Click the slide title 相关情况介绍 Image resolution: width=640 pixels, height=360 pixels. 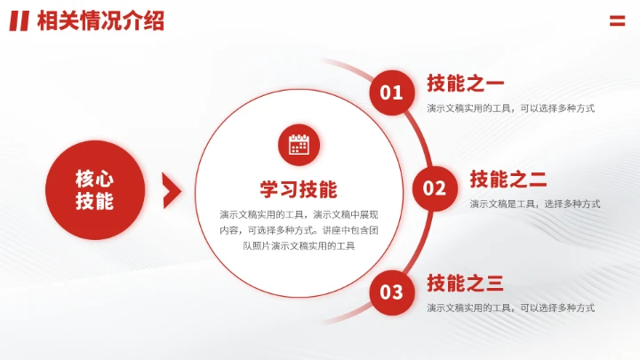pyautogui.click(x=101, y=21)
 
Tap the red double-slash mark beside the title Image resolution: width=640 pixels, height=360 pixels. pyautogui.click(x=20, y=21)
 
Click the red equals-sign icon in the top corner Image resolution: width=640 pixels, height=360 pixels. pyautogui.click(x=617, y=21)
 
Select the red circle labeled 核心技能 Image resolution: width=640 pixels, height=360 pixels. pyautogui.click(x=94, y=189)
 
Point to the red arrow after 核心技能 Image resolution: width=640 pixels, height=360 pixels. pyautogui.click(x=172, y=189)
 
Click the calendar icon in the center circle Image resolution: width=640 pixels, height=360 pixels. pyautogui.click(x=299, y=144)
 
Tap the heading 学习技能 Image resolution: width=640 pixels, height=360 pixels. pyautogui.click(x=299, y=189)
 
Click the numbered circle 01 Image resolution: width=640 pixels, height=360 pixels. pyautogui.click(x=391, y=92)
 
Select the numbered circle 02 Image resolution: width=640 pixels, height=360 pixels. pyautogui.click(x=434, y=188)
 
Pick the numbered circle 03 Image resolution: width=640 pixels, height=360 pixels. pyautogui.click(x=391, y=292)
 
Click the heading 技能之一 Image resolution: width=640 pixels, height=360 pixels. pyautogui.click(x=465, y=84)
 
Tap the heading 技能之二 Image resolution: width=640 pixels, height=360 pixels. pyautogui.click(x=508, y=180)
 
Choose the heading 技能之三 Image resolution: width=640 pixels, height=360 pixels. pyautogui.click(x=465, y=284)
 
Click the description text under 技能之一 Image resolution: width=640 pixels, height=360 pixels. pyautogui.click(x=510, y=108)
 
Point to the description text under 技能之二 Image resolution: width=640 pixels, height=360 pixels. pyautogui.click(x=535, y=204)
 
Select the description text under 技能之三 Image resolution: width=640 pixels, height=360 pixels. pyautogui.click(x=510, y=308)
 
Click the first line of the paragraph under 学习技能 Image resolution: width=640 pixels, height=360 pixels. pyautogui.click(x=299, y=214)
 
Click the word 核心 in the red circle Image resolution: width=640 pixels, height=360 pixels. pyautogui.click(x=94, y=178)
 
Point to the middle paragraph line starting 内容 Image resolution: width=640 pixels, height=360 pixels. pyautogui.click(x=299, y=229)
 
